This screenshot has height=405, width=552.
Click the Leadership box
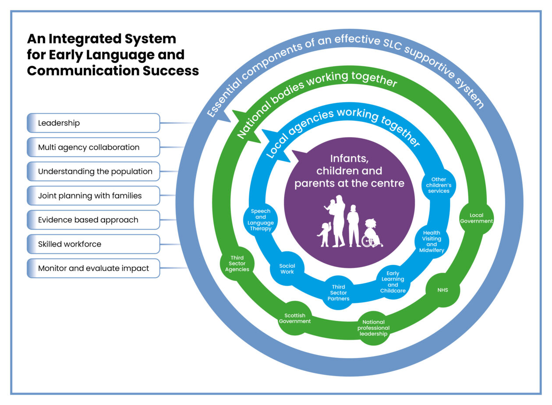93,123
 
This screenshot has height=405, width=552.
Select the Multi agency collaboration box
93,147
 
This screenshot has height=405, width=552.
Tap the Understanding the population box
93,172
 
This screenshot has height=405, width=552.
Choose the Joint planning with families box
93,196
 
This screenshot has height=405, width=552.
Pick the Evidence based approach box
93,220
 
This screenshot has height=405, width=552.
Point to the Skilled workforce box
93,244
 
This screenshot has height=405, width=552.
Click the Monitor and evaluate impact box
93,268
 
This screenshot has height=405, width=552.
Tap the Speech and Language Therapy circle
261,220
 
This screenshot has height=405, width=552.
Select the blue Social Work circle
287,268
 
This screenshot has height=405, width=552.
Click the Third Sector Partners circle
338,293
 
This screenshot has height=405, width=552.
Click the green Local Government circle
476,218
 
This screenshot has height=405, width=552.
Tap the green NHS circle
442,290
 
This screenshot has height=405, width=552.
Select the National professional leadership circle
373,328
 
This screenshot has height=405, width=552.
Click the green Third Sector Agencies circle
237,264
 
